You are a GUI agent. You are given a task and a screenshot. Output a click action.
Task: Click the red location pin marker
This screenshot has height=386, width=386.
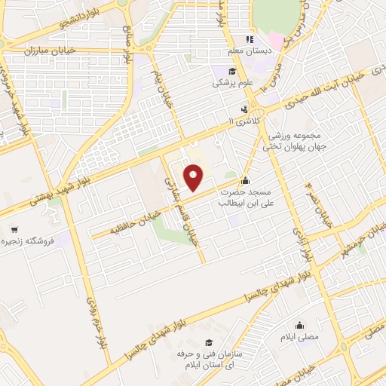tap(195, 177)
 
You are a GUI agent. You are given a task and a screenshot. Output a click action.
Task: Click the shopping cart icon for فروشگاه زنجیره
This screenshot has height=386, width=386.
tap(14, 229)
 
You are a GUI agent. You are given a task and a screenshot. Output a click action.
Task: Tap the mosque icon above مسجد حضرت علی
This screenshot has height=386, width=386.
tap(245, 182)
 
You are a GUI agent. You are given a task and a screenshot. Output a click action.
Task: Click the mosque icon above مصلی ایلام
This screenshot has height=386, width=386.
tap(301, 326)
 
